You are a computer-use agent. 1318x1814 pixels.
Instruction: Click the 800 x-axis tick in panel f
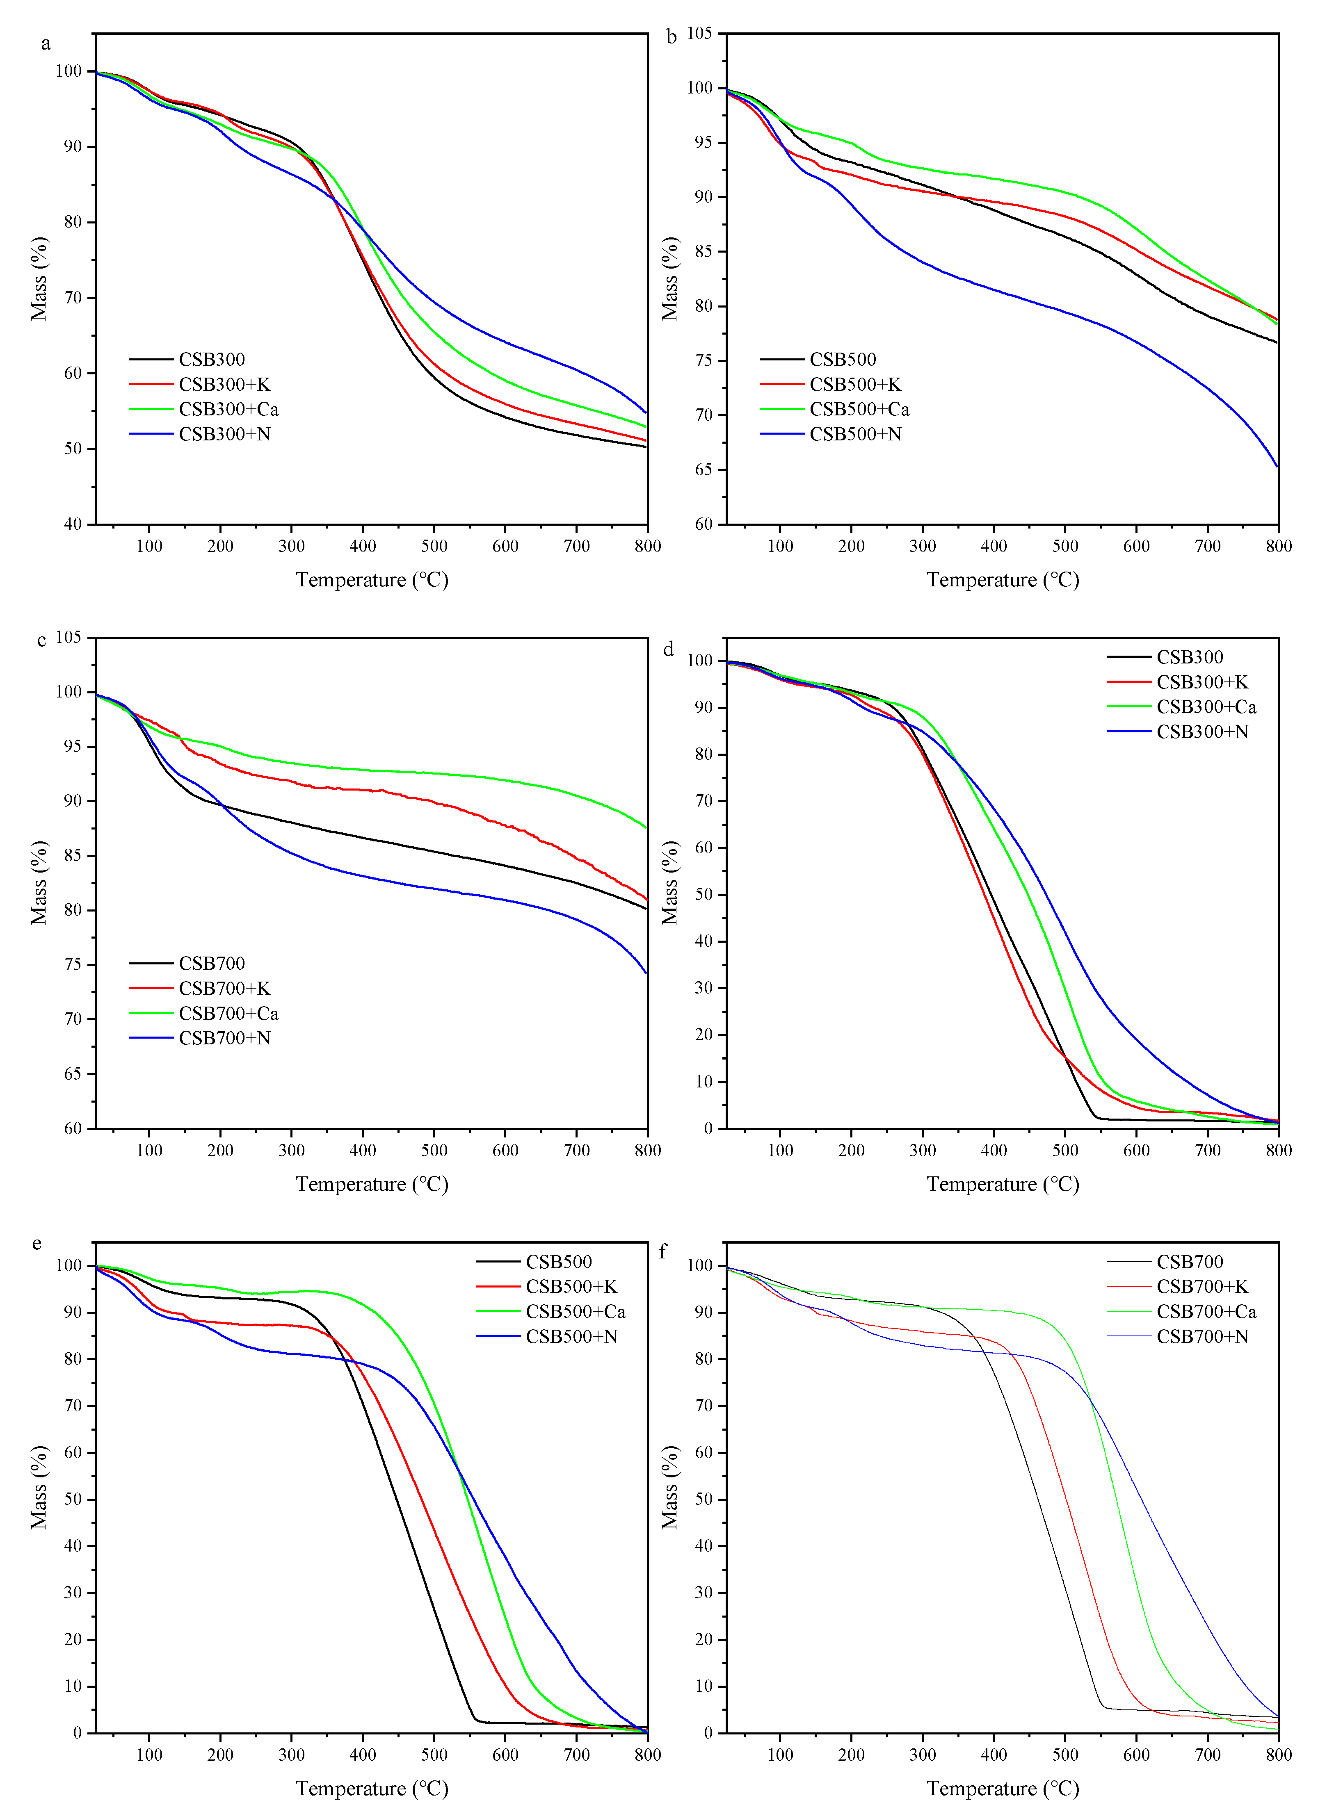(1278, 1755)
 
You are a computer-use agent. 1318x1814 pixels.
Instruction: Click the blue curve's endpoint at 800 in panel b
(1277, 466)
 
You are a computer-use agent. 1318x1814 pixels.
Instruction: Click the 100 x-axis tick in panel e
(149, 1755)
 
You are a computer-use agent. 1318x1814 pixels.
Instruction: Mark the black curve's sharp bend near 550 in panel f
(1103, 1705)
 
